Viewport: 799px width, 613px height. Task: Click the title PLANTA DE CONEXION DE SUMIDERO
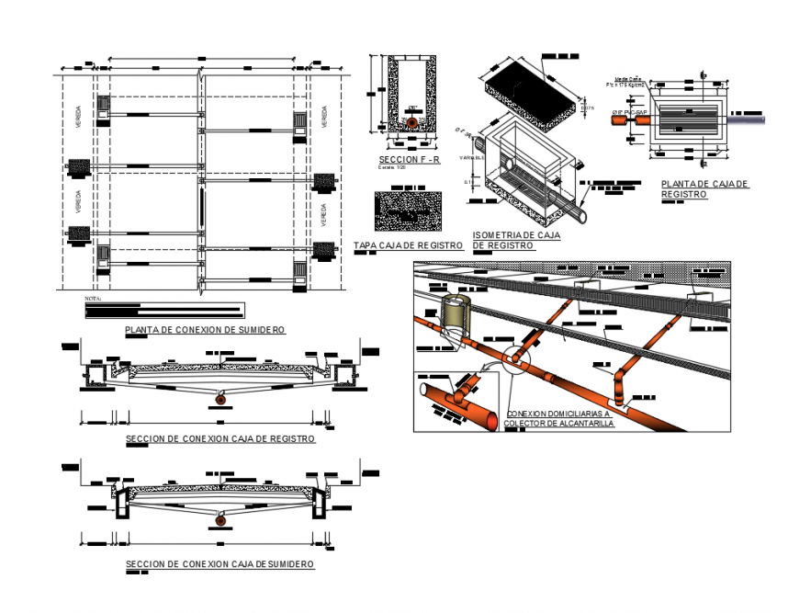(x=203, y=329)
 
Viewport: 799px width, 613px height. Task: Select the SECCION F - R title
(x=410, y=159)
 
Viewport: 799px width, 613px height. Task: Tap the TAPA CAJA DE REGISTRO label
(x=408, y=245)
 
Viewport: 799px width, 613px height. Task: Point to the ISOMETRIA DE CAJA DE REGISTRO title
(x=516, y=241)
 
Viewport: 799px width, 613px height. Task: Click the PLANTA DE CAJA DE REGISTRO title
(x=705, y=189)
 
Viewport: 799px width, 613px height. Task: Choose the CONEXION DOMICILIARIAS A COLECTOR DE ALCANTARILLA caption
(x=559, y=418)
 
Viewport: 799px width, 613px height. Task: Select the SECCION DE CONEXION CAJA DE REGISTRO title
(x=220, y=439)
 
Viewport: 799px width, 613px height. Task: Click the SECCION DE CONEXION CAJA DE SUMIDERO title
(x=220, y=564)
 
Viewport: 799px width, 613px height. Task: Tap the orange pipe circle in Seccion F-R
(x=413, y=122)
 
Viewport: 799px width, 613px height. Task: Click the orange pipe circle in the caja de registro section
(x=220, y=396)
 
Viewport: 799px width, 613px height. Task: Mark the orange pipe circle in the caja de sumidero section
(x=220, y=521)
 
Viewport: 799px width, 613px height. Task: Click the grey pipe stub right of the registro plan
(x=748, y=119)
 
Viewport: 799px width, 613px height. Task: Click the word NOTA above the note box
(x=93, y=299)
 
